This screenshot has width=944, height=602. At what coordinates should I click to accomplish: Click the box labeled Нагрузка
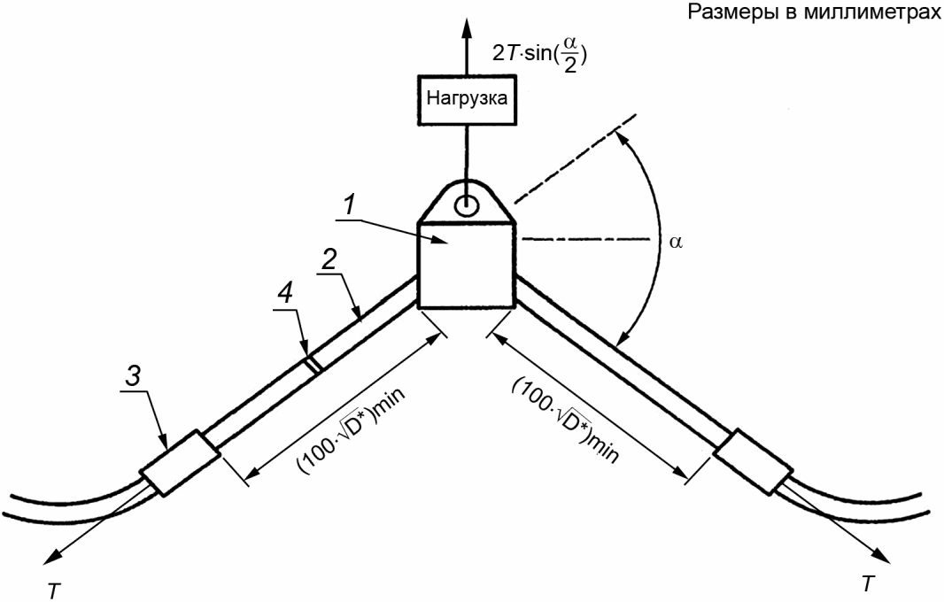[467, 99]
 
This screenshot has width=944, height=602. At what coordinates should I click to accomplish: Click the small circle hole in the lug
[467, 206]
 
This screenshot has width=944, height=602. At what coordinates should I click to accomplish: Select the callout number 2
[329, 260]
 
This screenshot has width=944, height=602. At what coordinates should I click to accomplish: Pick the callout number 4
[285, 295]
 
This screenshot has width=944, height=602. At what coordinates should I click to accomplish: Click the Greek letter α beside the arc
[676, 242]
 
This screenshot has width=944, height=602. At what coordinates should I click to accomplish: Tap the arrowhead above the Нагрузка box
[466, 27]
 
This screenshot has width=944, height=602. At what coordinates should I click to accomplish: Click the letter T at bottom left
[54, 591]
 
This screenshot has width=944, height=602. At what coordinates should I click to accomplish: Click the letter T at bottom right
[867, 583]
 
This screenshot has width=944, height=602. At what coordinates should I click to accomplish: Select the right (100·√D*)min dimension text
[565, 421]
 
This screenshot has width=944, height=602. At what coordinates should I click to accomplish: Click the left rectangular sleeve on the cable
[180, 462]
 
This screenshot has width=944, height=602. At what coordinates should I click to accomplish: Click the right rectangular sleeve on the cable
[753, 462]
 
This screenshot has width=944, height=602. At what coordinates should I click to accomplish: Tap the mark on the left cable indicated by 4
[313, 364]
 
